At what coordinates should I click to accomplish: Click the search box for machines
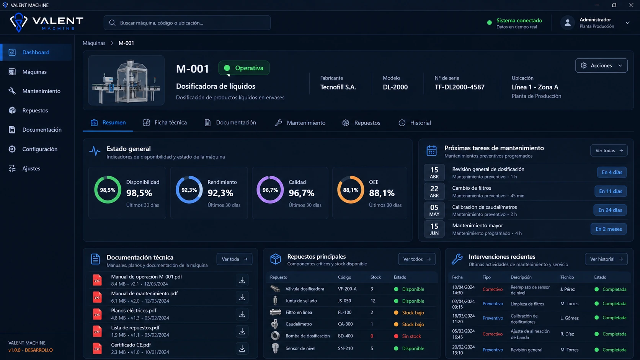click(187, 23)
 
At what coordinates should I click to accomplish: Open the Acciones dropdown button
click(601, 66)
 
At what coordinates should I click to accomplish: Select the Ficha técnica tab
click(165, 123)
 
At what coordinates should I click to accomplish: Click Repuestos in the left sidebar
click(35, 111)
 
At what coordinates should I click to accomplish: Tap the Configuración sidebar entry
click(40, 149)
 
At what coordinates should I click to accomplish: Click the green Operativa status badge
click(244, 68)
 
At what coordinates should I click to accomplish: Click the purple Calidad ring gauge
click(270, 176)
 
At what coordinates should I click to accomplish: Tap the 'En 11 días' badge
click(610, 191)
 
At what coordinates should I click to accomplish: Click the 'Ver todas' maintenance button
click(609, 150)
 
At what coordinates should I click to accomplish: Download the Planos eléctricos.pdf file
click(242, 314)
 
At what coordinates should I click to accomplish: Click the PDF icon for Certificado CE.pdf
click(97, 349)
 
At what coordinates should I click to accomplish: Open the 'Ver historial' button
click(606, 259)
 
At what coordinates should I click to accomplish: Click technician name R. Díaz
click(567, 334)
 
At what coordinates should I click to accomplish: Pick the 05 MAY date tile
click(434, 210)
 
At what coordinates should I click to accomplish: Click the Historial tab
click(415, 123)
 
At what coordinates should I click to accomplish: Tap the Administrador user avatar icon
click(567, 23)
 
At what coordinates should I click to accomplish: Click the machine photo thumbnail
click(126, 80)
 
